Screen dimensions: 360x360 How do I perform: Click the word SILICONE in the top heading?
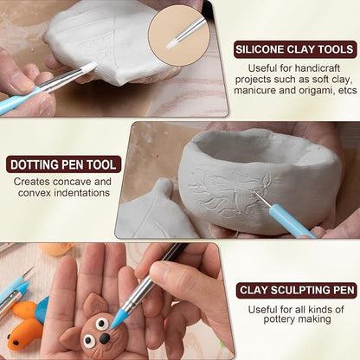point(260,49)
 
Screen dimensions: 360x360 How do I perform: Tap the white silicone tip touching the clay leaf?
point(90,67)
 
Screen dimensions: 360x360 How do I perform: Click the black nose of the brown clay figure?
point(104,337)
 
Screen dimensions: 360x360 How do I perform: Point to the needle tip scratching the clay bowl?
point(255,194)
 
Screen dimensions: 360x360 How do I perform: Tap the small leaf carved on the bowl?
point(267,178)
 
